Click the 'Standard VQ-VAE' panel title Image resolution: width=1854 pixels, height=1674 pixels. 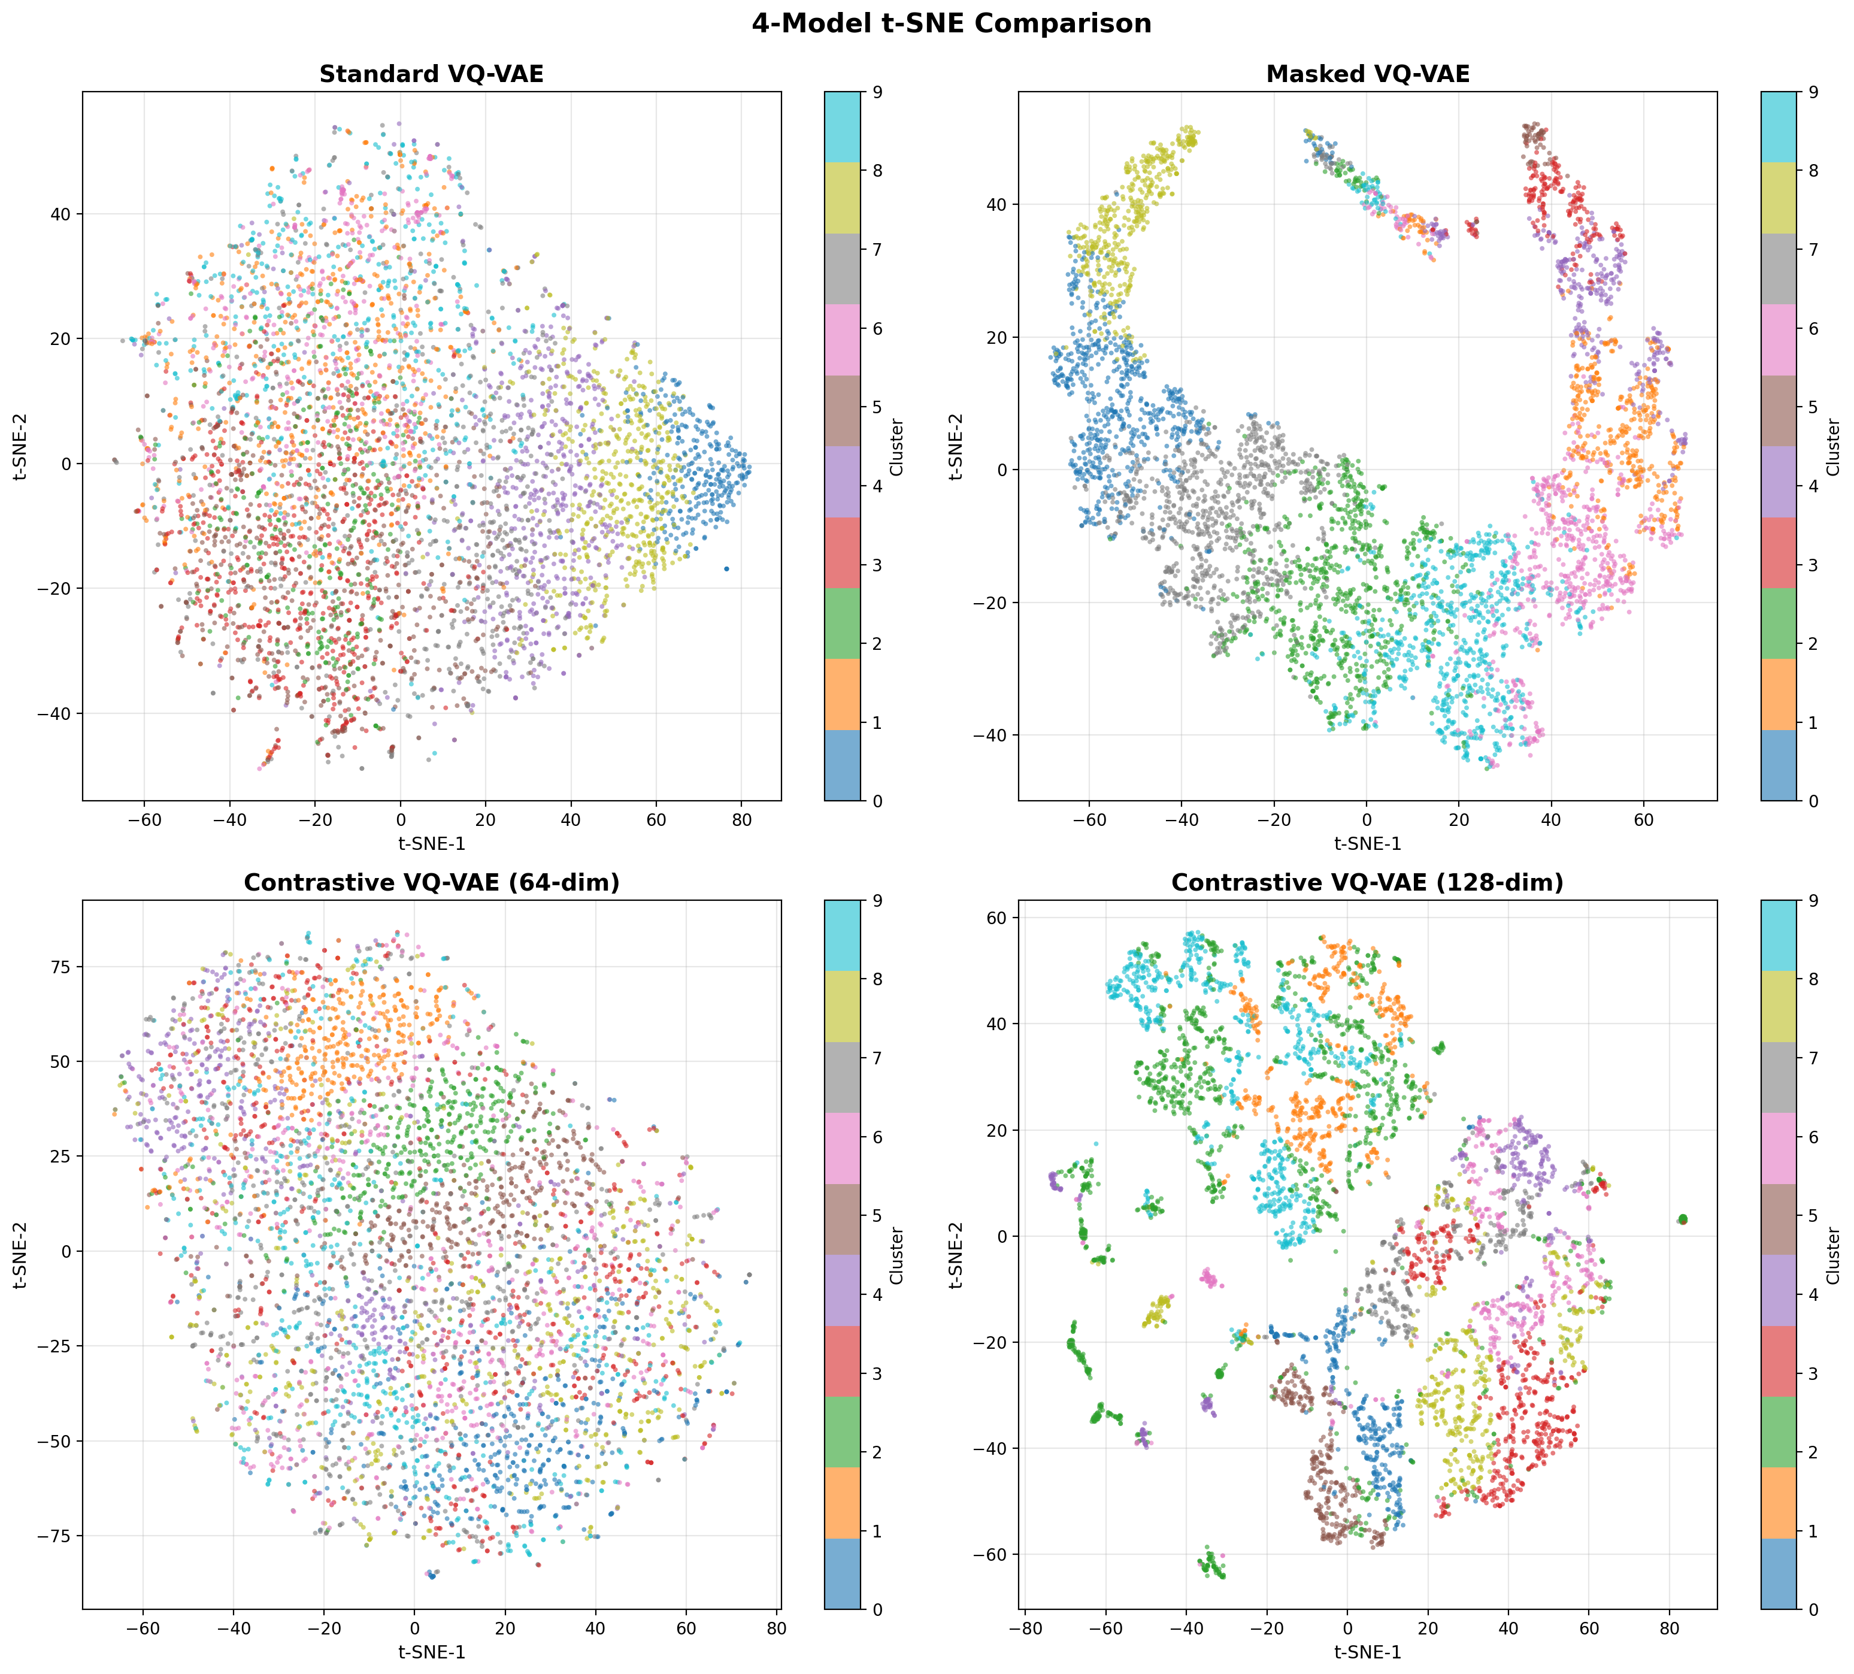[x=431, y=74]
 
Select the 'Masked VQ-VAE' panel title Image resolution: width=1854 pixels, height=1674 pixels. [x=1368, y=74]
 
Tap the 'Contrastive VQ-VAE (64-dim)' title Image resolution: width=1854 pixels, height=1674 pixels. [x=431, y=883]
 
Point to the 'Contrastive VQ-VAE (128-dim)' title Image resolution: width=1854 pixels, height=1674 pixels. [x=1368, y=883]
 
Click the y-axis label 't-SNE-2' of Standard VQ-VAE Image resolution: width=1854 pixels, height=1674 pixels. [x=21, y=446]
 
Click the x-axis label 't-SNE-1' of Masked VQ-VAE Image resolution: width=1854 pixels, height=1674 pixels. [x=1368, y=841]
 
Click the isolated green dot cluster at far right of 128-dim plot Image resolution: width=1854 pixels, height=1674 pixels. [x=1682, y=1219]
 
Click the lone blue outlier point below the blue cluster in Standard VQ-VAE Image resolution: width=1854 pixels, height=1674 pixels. [x=726, y=568]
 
